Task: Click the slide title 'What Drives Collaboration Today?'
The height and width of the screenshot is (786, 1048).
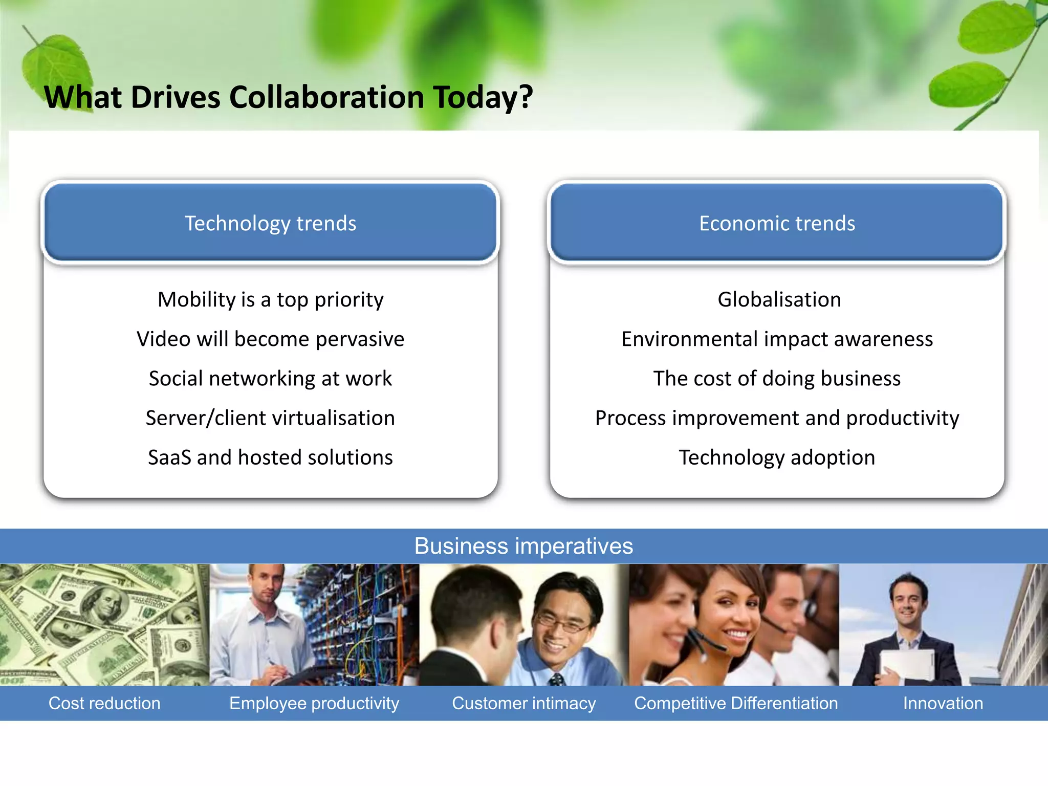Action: pos(288,97)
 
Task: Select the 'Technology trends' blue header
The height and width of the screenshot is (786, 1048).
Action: pos(270,223)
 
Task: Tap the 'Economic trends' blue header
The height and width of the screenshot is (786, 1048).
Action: pos(777,223)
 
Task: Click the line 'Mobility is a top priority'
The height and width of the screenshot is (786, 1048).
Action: pos(270,299)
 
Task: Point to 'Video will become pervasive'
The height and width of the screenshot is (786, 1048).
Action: pos(270,339)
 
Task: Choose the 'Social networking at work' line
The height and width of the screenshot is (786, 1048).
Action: pos(270,379)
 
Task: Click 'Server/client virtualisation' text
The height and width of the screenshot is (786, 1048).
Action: pos(270,418)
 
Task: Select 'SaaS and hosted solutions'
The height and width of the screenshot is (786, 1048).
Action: pos(270,457)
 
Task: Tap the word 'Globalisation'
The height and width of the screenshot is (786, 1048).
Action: pos(779,299)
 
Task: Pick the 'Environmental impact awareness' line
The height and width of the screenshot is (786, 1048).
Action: pos(777,339)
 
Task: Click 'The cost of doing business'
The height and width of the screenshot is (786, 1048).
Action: pos(777,379)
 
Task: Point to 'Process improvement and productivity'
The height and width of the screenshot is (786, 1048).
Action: pos(777,418)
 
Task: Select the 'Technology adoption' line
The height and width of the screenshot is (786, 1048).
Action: pos(777,457)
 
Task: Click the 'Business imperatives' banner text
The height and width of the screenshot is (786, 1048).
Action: pos(523,546)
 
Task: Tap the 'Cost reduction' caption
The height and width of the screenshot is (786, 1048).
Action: pos(104,703)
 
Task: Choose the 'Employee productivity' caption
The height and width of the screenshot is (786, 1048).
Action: pos(314,703)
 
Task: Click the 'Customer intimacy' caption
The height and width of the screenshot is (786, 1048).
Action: pos(523,703)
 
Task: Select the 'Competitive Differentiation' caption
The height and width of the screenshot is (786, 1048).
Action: pos(736,703)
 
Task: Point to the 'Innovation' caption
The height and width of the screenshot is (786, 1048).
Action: pos(943,703)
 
